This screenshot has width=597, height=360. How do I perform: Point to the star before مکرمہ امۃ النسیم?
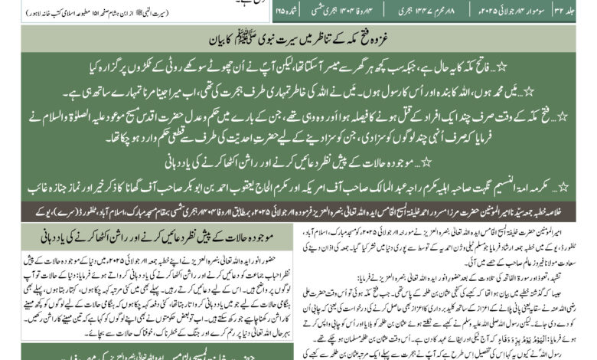tap(584, 187)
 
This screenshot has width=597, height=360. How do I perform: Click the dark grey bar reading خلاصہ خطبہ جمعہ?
tap(298, 207)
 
